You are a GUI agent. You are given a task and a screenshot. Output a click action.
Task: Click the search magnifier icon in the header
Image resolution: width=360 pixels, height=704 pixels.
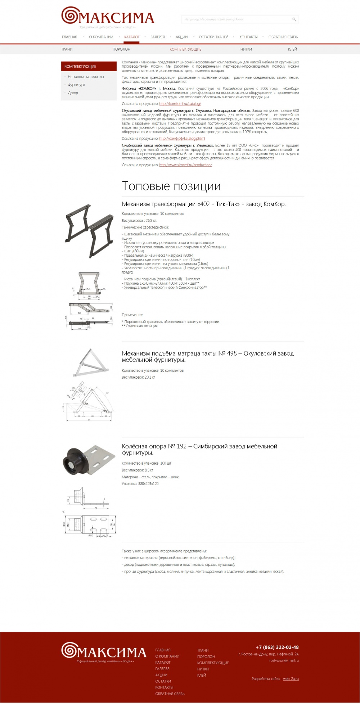coord(294,19)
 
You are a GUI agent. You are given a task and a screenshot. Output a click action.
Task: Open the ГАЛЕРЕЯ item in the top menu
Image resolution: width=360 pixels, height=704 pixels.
coord(158,37)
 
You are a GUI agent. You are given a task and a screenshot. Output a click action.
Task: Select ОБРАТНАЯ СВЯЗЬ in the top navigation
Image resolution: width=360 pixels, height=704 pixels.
coord(283,37)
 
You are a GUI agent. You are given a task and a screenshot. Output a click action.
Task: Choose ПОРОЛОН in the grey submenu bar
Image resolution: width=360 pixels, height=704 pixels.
coord(121,49)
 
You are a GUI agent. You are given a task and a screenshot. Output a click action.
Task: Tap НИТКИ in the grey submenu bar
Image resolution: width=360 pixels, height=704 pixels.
coord(246,49)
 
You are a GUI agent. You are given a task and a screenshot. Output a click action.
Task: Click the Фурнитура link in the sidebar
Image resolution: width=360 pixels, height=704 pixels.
coord(76,85)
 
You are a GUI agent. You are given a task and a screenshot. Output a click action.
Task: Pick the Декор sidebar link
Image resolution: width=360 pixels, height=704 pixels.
coord(73,93)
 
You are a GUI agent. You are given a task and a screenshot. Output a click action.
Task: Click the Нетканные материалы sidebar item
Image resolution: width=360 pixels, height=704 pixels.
coord(86,77)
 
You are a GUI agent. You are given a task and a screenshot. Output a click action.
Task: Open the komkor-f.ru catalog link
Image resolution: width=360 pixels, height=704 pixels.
coord(180,104)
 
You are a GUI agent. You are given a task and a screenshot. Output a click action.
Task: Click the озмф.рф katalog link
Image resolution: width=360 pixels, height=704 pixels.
coord(182,139)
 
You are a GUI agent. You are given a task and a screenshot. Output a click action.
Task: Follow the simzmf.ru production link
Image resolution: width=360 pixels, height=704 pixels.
coord(185,165)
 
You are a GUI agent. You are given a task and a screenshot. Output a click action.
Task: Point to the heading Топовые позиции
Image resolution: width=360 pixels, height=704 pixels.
coord(171,186)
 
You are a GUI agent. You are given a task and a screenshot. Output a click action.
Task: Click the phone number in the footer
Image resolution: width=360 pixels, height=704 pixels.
coord(277,647)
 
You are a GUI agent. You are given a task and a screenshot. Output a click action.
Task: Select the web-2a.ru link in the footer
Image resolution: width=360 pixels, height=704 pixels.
coord(291,679)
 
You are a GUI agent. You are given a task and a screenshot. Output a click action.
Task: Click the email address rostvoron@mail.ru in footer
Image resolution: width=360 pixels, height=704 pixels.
coord(284,660)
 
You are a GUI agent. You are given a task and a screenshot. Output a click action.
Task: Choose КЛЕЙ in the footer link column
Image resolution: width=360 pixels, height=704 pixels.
coord(202,675)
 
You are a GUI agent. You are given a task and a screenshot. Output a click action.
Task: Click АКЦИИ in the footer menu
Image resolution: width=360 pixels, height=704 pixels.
coord(161,675)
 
